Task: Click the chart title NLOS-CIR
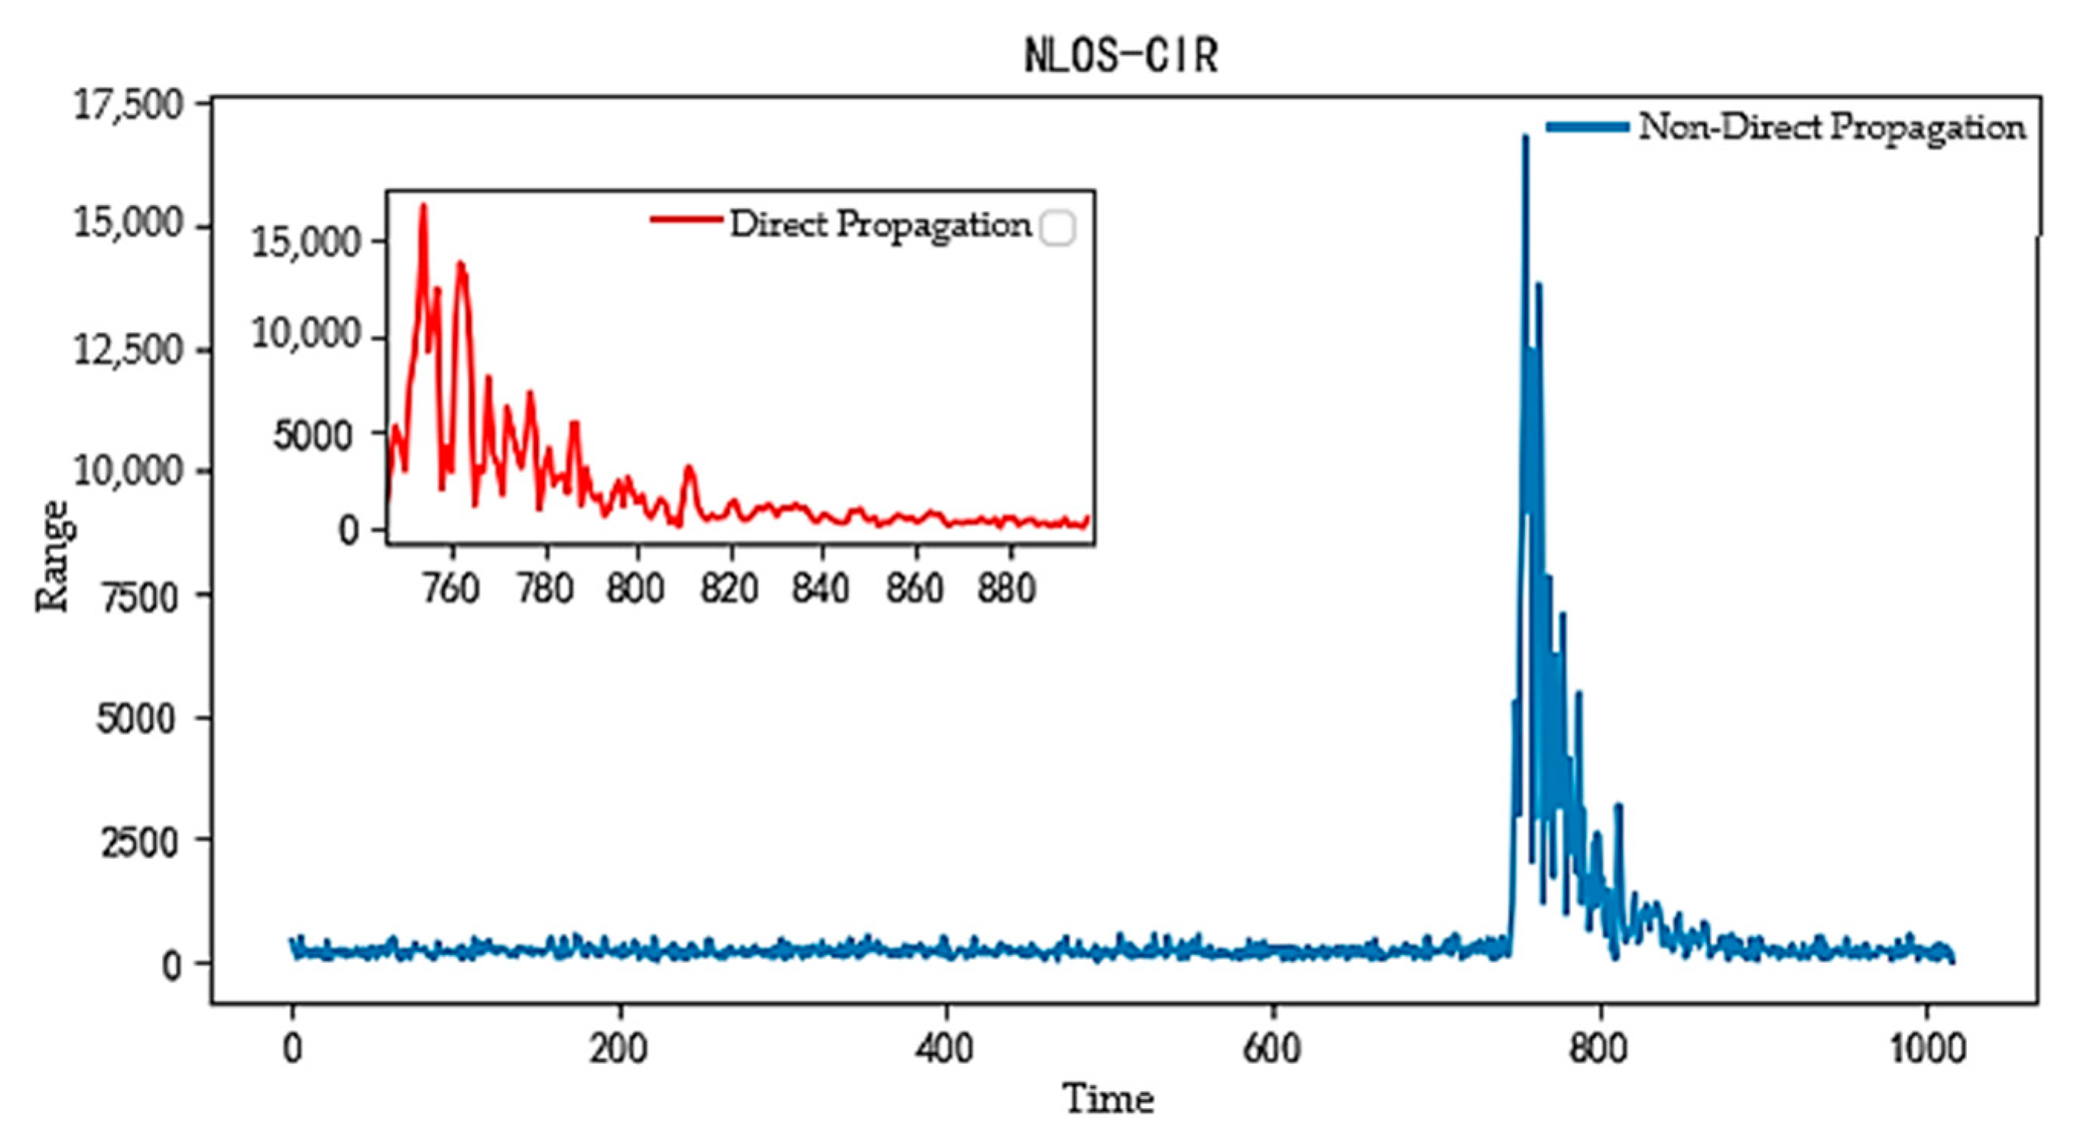[1121, 57]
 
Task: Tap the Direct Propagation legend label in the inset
[881, 225]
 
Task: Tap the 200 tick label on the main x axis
[618, 1049]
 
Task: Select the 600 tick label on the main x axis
[1271, 1049]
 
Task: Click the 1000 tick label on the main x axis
[1926, 1049]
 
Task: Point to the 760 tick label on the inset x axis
[452, 589]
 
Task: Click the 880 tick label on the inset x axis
[1006, 589]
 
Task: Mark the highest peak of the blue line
[1525, 137]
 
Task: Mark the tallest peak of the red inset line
[424, 206]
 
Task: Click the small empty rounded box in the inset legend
[1057, 227]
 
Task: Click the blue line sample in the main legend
[1587, 127]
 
